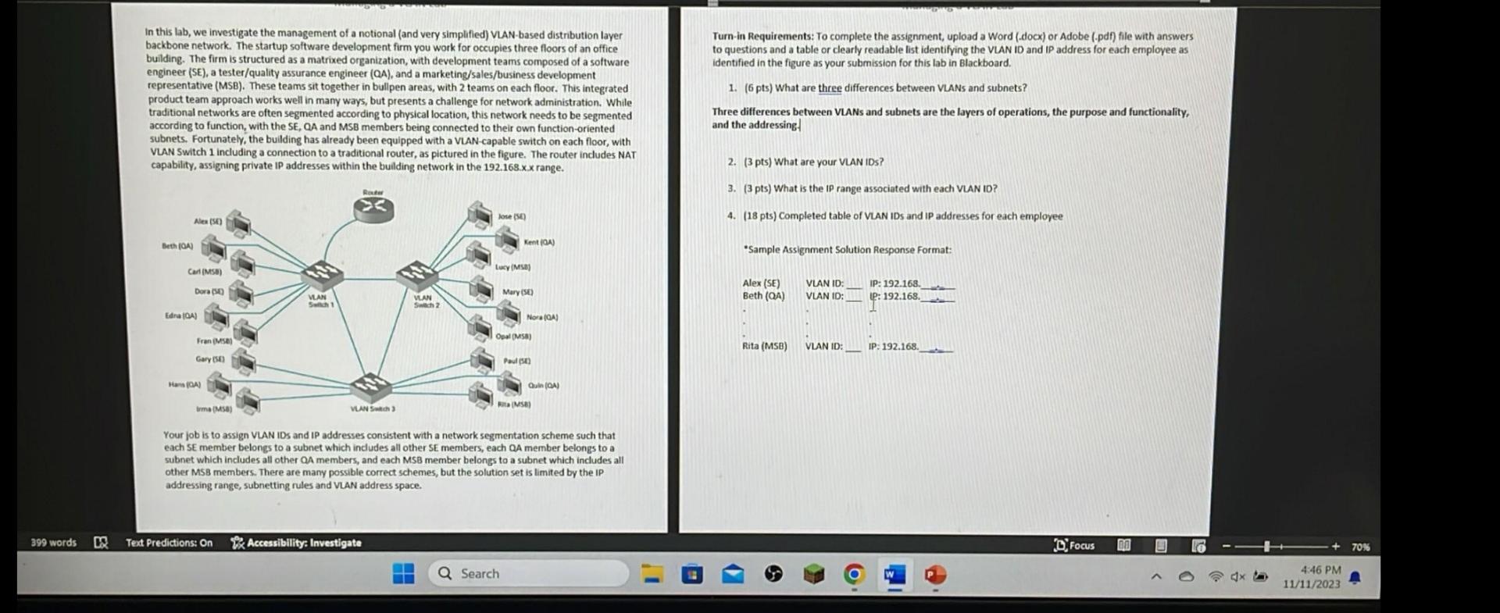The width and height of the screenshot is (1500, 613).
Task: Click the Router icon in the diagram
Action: coord(373,208)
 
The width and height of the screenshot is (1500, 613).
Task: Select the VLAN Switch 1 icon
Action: coord(322,275)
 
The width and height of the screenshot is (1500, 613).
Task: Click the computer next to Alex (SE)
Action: coord(238,225)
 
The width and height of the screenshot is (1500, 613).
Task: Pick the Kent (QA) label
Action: coord(539,243)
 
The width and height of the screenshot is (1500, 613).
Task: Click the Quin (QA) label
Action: coord(543,386)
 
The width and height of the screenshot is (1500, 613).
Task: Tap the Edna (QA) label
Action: coord(180,316)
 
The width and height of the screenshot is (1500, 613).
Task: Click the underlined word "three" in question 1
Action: coord(830,88)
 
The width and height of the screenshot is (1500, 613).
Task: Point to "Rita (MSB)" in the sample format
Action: coord(764,346)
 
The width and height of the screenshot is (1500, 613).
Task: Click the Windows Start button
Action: coord(403,574)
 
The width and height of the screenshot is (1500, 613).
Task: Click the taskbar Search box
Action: coord(528,574)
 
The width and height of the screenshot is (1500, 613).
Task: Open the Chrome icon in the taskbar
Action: coord(854,576)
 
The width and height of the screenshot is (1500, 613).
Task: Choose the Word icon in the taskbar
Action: coord(894,576)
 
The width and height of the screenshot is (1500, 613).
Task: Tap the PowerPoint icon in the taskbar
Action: coord(935,576)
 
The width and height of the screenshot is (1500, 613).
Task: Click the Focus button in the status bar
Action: coord(1074,546)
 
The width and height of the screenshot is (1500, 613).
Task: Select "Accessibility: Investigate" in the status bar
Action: coord(297,543)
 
